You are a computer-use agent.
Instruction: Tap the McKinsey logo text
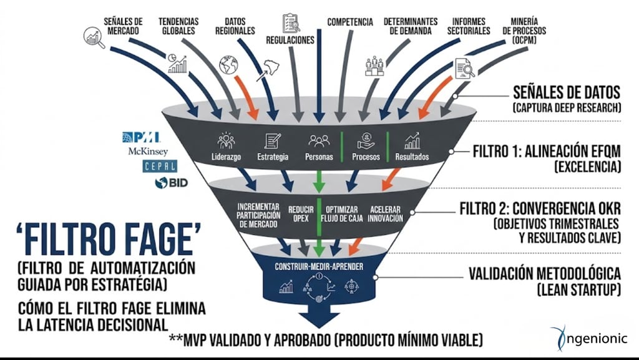click(x=147, y=151)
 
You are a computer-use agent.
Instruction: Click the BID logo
click(x=171, y=183)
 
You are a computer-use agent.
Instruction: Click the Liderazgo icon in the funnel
click(x=226, y=140)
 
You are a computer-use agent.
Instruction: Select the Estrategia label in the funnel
click(x=273, y=157)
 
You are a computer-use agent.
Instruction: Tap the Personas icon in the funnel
click(x=319, y=140)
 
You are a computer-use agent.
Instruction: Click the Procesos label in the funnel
click(x=366, y=157)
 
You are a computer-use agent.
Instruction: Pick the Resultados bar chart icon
click(x=412, y=140)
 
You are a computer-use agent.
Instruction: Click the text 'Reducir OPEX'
click(x=301, y=213)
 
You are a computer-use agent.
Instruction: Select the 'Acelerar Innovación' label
click(x=386, y=213)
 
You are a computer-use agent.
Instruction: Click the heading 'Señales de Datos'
click(x=565, y=94)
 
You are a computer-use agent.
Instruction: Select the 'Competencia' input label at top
click(x=349, y=22)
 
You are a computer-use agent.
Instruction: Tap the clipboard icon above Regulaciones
click(x=291, y=23)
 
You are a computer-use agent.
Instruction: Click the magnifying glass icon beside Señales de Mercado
click(x=94, y=38)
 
